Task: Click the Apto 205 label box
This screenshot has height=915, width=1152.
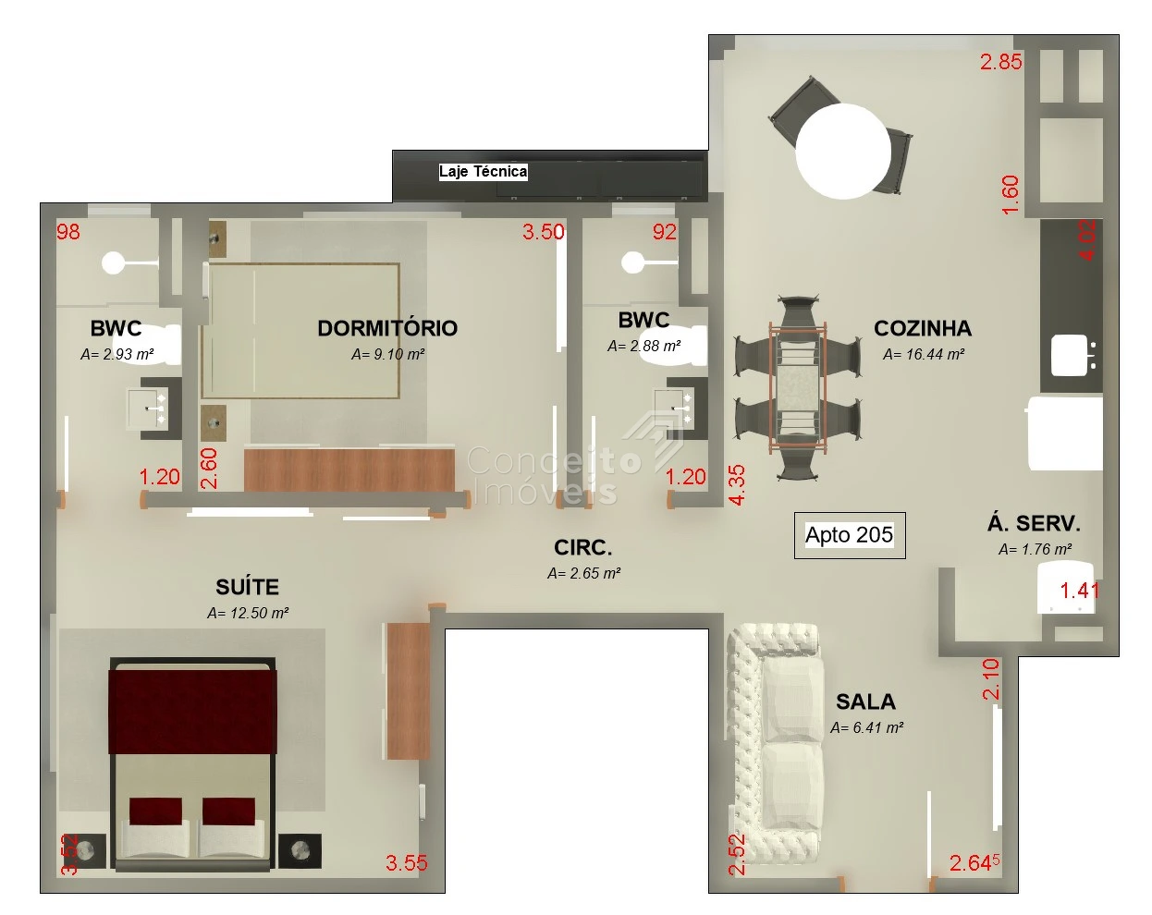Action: pos(849,535)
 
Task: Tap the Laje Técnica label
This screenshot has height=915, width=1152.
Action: pos(483,172)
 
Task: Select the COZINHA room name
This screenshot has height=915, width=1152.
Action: pos(923,328)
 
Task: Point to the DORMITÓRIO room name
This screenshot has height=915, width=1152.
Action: pos(387,328)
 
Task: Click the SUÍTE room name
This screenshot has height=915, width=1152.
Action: pos(247,587)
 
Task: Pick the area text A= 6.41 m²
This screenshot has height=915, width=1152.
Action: pos(866,727)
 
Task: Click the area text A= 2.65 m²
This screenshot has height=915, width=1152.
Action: pos(583,574)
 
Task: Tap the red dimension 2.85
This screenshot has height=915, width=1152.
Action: pos(1001,62)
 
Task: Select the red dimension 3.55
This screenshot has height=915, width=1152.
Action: pos(406,863)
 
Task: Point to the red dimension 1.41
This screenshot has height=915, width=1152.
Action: pos(1079,591)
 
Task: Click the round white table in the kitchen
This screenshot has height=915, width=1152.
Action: pos(843,152)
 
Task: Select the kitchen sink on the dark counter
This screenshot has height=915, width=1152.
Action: pos(1070,355)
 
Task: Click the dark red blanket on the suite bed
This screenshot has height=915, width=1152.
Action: pos(192,712)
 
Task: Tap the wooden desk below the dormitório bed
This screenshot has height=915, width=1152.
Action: pos(349,470)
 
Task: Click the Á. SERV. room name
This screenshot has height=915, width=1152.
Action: pos(1034,523)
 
